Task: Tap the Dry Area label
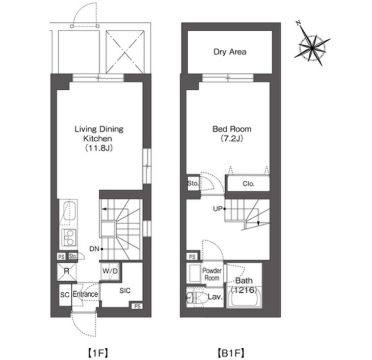click(x=230, y=52)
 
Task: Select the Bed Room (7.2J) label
click(x=232, y=134)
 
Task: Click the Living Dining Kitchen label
click(x=99, y=138)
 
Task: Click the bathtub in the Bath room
click(x=244, y=297)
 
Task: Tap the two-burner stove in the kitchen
click(x=69, y=237)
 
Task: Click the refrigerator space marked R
click(x=67, y=271)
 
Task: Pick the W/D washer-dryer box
click(x=110, y=271)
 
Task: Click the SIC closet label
click(x=125, y=291)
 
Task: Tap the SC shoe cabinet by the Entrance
click(x=65, y=295)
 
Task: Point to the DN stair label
click(x=94, y=249)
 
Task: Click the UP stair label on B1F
click(x=218, y=209)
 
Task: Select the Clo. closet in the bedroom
click(x=248, y=184)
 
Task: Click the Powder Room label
click(x=211, y=274)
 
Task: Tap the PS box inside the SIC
click(x=137, y=306)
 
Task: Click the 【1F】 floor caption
click(x=98, y=353)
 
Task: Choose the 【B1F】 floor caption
click(x=231, y=353)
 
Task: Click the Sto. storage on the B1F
click(x=193, y=184)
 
